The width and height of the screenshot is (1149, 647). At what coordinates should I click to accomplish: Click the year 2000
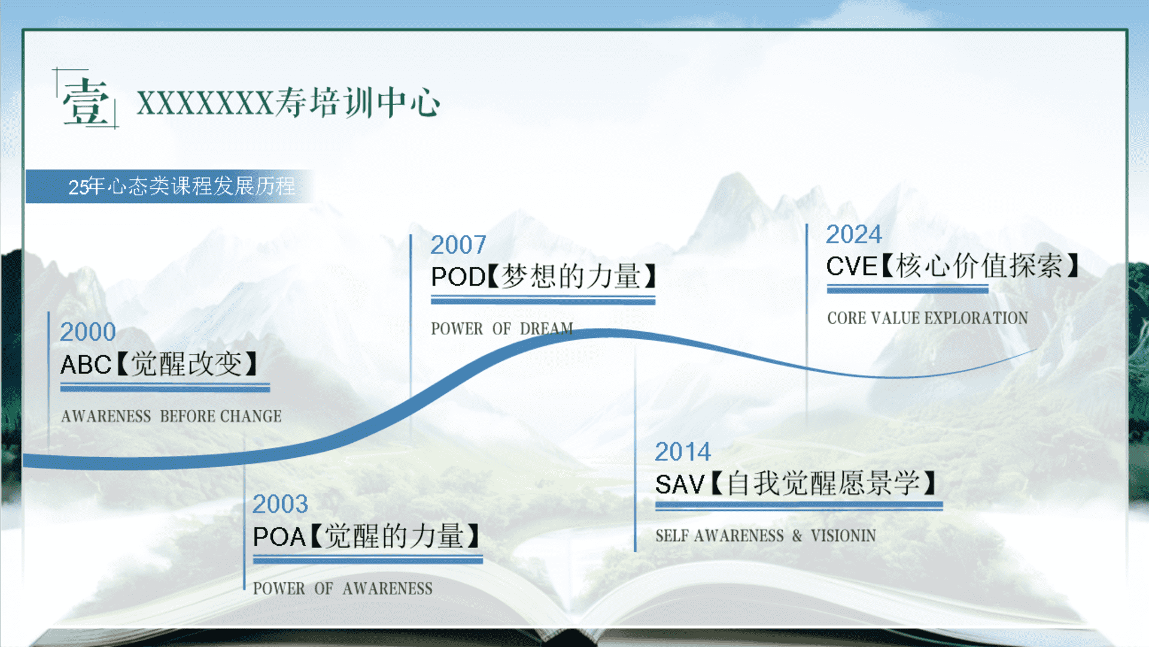click(88, 332)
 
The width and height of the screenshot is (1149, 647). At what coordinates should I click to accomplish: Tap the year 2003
click(280, 504)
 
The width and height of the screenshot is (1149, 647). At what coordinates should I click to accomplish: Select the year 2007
click(458, 245)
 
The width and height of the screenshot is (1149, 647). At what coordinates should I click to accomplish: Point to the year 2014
click(683, 452)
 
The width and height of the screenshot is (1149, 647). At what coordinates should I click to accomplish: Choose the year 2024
click(854, 234)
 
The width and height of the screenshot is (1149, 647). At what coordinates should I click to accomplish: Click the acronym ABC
click(86, 364)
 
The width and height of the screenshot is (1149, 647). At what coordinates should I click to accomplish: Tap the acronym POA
click(279, 537)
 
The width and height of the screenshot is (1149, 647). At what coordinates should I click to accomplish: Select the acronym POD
click(458, 277)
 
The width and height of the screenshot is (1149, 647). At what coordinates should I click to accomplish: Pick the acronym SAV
click(680, 484)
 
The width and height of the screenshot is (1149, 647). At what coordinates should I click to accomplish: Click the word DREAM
click(546, 329)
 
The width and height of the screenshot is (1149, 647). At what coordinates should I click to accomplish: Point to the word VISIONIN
click(843, 536)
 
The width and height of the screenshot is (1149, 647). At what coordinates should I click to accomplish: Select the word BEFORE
click(187, 416)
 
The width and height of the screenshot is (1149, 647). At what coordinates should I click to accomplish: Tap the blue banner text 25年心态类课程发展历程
click(182, 186)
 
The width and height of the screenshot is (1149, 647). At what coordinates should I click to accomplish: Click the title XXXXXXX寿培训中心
click(288, 102)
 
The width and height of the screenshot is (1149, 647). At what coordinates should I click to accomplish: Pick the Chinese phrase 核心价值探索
click(980, 265)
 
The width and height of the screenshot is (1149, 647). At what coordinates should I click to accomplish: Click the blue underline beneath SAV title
click(799, 506)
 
